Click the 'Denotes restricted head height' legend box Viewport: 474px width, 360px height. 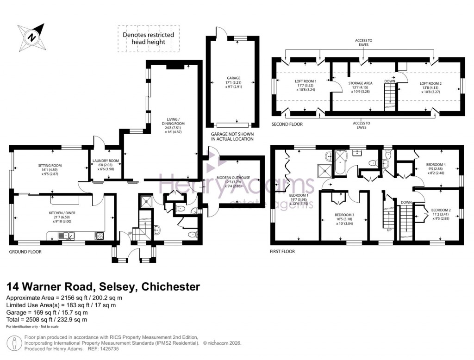(148, 38)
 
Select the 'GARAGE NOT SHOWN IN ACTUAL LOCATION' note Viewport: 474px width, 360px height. (232, 136)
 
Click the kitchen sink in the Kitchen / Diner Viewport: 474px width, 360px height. (67, 236)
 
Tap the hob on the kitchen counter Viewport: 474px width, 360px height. (99, 236)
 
